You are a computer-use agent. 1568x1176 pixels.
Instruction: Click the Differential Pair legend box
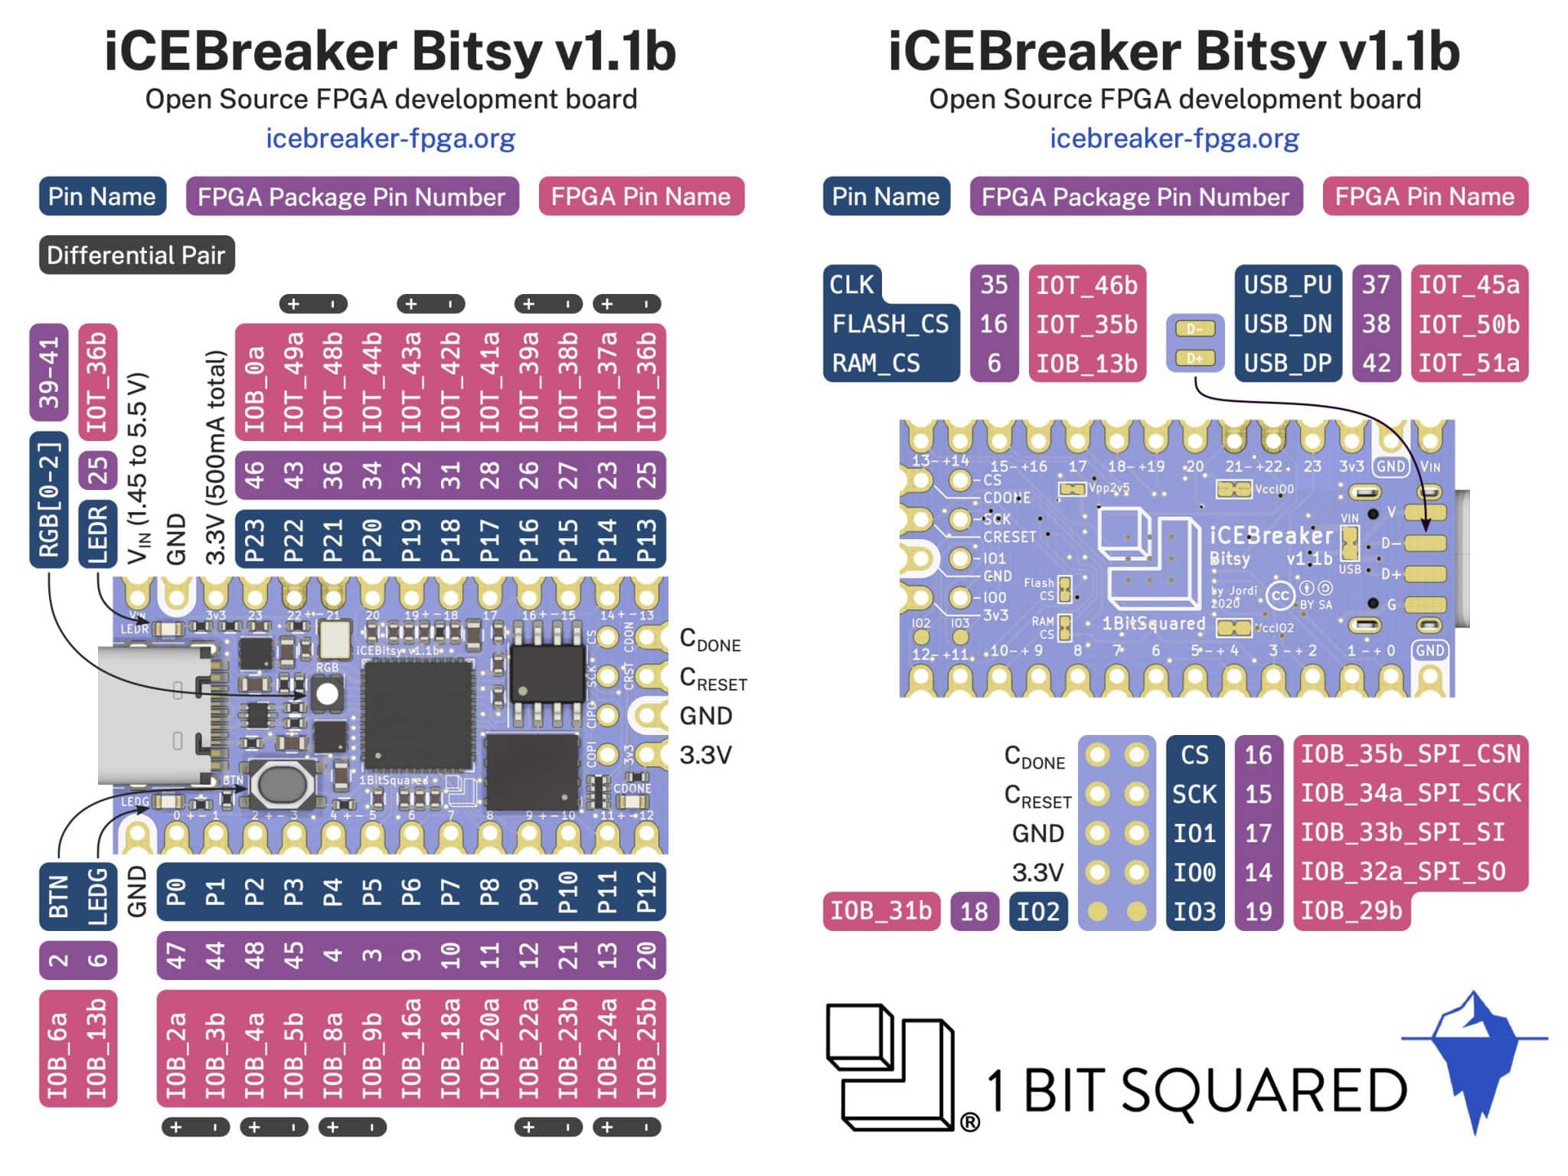coord(136,255)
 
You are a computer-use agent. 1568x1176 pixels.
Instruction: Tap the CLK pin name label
coord(851,285)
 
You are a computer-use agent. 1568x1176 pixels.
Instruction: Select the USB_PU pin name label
coord(1287,285)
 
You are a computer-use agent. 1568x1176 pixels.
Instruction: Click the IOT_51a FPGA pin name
coord(1468,363)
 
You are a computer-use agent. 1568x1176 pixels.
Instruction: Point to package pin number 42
coord(1375,363)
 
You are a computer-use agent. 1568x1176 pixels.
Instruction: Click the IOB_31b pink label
coord(880,911)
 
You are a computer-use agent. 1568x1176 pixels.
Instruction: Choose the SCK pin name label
coord(1194,794)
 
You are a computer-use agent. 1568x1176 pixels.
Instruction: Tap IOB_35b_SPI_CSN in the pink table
coord(1410,754)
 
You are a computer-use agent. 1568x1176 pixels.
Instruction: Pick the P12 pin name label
coord(646,892)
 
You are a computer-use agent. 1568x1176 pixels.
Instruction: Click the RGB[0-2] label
coord(49,499)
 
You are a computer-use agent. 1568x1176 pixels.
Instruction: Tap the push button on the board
coord(281,783)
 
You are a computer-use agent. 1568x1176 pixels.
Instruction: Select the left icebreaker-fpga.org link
coord(390,139)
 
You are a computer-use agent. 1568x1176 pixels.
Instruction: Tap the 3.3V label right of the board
coord(705,755)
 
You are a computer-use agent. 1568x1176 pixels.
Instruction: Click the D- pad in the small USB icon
coord(1194,329)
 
